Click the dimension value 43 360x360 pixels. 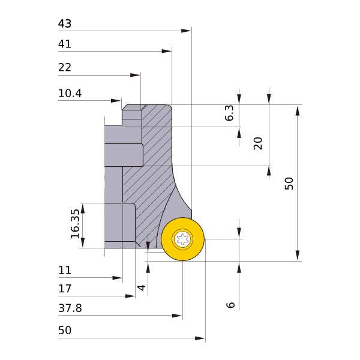65,23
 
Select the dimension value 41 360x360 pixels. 65,44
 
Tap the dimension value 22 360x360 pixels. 65,67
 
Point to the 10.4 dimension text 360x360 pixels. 70,93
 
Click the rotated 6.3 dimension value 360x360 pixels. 229,113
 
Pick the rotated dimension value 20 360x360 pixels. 258,143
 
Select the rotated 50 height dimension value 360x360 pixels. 289,184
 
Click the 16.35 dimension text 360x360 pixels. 75,224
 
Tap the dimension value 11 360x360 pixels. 65,270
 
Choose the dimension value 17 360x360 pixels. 65,289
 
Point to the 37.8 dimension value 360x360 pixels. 70,308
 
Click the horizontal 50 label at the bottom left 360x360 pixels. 65,331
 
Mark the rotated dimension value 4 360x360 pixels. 141,287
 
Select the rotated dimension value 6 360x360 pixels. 230,305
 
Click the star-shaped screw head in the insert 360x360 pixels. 182,239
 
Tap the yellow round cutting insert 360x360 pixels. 182,239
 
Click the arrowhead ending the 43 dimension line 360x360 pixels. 186,31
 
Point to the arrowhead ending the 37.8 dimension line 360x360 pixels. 177,316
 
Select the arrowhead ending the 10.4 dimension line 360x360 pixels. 116,101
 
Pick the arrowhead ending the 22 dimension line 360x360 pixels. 135,75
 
